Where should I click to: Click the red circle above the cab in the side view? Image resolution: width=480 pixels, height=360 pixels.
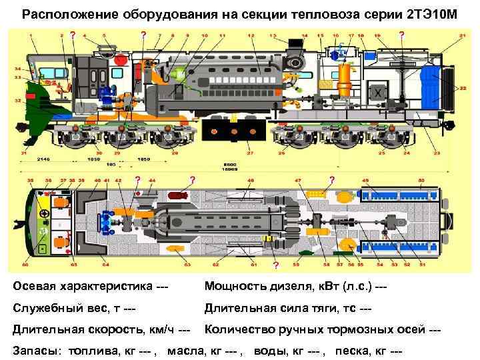pyautogui.click(x=120, y=59)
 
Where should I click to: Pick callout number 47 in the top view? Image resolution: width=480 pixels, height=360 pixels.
pyautogui.click(x=297, y=180)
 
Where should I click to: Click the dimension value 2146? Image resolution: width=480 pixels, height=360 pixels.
pyautogui.click(x=43, y=160)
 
